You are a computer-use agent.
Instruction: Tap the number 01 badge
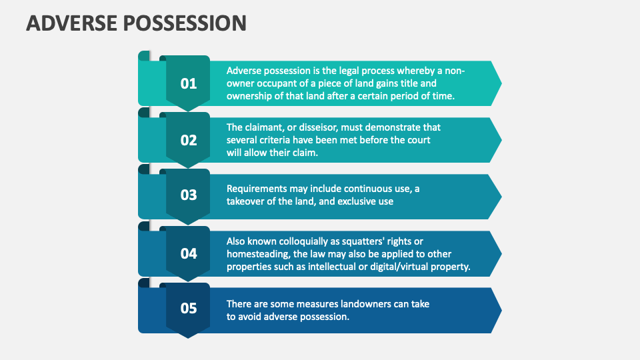point(189,83)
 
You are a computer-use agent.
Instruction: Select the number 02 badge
point(189,140)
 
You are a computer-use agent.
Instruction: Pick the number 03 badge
point(189,195)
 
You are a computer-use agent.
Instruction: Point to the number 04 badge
point(189,253)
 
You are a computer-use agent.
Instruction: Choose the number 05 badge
point(189,308)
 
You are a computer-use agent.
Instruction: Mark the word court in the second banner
point(415,140)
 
